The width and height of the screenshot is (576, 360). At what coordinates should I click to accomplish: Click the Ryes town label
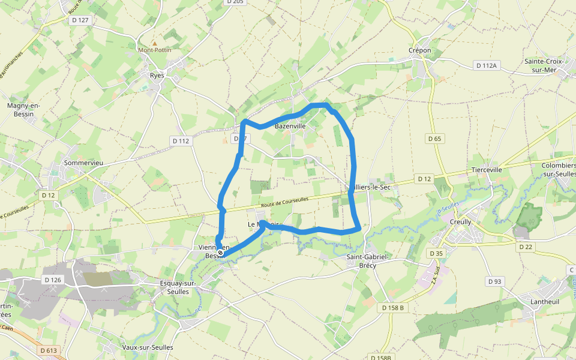(x=157, y=76)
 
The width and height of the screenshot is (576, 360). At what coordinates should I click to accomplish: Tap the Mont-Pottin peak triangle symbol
(x=155, y=43)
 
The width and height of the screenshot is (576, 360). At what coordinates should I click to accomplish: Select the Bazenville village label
(x=290, y=127)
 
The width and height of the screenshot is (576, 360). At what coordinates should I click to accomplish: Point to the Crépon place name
(x=419, y=50)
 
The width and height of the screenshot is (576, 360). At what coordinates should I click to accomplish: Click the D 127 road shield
(x=80, y=20)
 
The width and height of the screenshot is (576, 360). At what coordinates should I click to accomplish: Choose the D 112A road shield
(x=486, y=65)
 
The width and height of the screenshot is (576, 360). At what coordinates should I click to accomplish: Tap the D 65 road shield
(x=434, y=139)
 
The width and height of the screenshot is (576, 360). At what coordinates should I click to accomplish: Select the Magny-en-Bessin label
(x=23, y=109)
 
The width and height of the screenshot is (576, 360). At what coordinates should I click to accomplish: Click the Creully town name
(x=460, y=222)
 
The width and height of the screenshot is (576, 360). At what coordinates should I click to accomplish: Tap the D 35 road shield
(x=437, y=254)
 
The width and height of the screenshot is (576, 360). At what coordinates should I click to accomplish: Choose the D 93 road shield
(x=494, y=281)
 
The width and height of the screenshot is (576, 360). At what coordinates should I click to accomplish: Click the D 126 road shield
(x=53, y=280)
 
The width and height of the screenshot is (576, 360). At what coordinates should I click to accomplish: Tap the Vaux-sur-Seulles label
(x=148, y=347)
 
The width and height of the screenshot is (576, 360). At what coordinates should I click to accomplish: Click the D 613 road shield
(x=49, y=350)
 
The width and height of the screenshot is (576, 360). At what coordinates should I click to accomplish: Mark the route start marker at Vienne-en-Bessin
(x=220, y=253)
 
